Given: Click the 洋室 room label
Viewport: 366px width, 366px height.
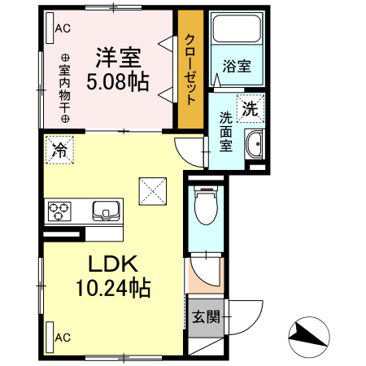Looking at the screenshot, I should (119, 58).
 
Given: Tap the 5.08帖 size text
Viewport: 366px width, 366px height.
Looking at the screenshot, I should (120, 81).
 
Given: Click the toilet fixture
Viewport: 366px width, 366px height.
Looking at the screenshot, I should (207, 208).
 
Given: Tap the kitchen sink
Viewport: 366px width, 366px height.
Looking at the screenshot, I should (105, 211).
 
